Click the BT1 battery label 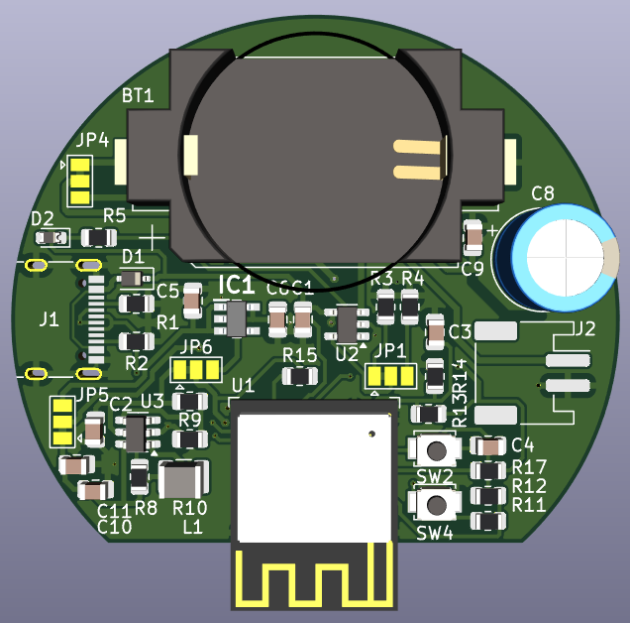(x=138, y=96)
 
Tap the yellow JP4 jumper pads (x=80, y=181)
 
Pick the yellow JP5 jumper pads (x=62, y=421)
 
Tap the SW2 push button (x=434, y=449)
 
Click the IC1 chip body (x=236, y=317)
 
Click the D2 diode (x=52, y=238)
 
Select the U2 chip (x=347, y=321)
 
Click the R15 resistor (x=299, y=376)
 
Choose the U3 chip (x=137, y=434)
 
